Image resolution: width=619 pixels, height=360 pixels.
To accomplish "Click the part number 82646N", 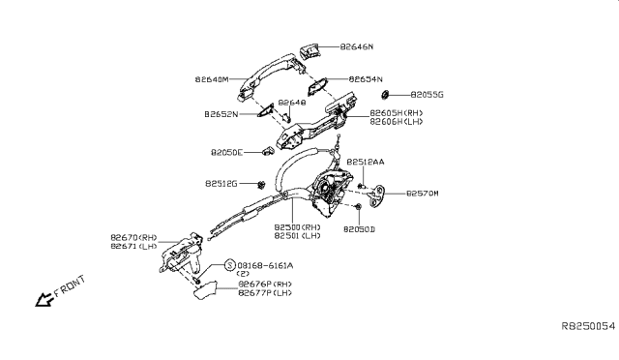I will point(361,45).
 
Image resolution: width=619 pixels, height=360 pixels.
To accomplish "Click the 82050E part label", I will point(230,152).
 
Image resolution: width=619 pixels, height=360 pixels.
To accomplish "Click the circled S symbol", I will point(229,265).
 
